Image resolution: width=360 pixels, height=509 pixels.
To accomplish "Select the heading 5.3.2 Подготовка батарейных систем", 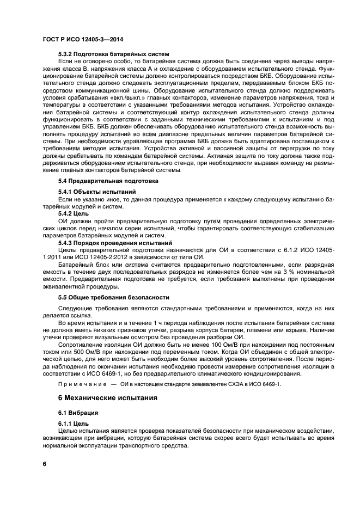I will point(113,54).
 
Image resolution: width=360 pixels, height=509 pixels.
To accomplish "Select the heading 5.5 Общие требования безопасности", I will point(114,298).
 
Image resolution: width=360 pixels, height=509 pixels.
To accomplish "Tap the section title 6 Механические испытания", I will point(108,398).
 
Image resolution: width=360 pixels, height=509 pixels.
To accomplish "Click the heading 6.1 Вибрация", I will point(78,413).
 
